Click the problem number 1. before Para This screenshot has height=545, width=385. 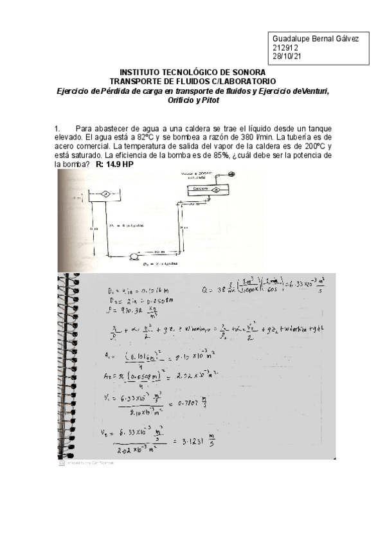tap(58, 129)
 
